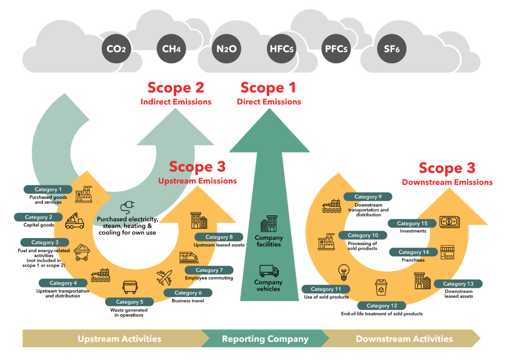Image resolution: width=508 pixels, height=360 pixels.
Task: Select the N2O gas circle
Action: pos(227,49)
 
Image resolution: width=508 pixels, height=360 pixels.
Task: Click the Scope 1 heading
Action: pos(268,88)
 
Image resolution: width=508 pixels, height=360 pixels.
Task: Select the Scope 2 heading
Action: pos(176,88)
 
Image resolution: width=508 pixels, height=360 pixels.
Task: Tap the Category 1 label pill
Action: pos(49,189)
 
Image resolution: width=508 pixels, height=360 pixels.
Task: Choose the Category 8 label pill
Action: pos(219,237)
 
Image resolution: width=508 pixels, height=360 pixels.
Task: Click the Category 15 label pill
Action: pos(412,223)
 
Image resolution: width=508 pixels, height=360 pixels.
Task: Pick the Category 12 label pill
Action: pos(381,305)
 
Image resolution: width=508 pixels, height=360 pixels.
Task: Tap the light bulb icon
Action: pos(343,273)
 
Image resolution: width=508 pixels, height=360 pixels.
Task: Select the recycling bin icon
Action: pos(381,287)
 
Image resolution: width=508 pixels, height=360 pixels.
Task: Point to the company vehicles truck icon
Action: pos(269,271)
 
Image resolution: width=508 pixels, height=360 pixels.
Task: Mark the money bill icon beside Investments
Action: pos(449,221)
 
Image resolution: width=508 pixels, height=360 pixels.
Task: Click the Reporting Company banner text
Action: pos(265,339)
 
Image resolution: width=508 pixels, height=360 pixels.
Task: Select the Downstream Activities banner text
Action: pos(404,339)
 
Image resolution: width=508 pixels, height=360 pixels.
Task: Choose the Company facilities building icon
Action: pos(269,223)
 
